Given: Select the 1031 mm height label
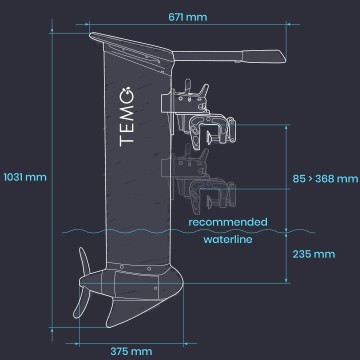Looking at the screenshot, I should (24, 178).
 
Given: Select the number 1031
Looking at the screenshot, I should (15, 178).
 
